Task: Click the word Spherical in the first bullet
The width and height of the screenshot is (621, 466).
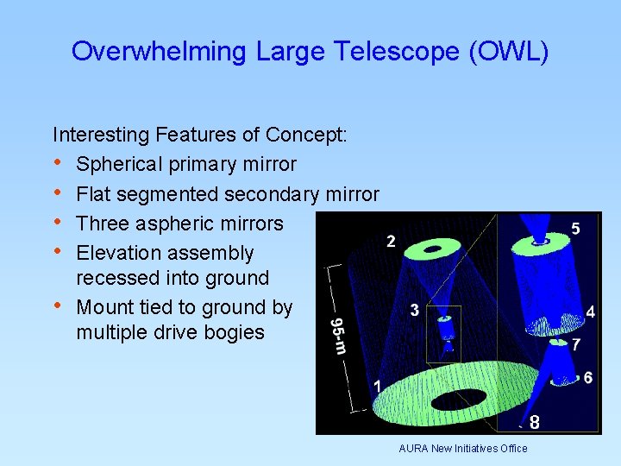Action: tap(120, 164)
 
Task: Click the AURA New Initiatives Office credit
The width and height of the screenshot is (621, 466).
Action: tap(462, 448)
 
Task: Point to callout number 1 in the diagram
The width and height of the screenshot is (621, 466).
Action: tap(376, 386)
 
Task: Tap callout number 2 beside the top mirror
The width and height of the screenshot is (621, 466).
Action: tap(391, 242)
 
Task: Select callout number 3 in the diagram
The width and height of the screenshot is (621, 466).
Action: tap(415, 310)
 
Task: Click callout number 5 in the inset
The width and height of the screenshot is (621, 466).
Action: tap(575, 229)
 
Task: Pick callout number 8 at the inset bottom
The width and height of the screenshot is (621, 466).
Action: tap(535, 422)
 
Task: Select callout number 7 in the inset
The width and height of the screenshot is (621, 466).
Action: tap(576, 344)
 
